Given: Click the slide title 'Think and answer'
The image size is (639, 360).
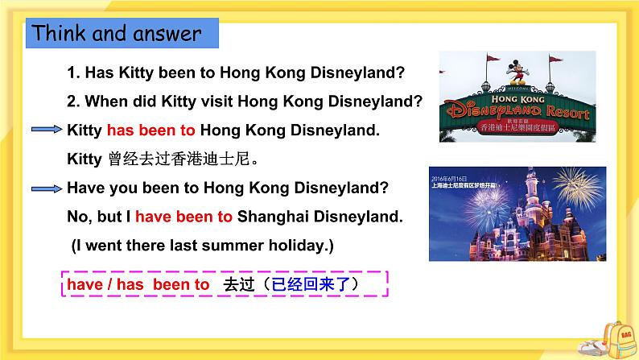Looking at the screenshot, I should coord(116,34).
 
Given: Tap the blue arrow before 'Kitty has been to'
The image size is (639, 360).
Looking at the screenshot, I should coord(47,130).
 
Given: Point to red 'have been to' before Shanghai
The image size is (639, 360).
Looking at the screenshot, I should coord(183,217).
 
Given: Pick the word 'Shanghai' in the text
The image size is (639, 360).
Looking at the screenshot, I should coord(269,217).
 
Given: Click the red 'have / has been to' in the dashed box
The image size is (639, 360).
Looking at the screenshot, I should coord(138,285).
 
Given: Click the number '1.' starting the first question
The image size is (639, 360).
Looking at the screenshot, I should coord(73,72).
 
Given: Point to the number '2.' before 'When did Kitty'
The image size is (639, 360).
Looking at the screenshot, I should coord(73,101).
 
